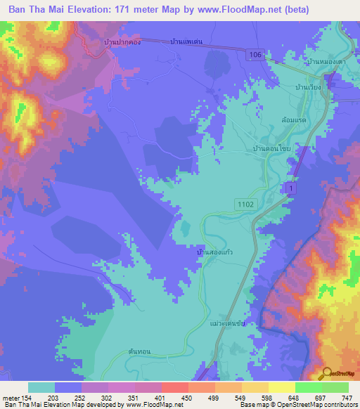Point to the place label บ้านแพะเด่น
(x=186, y=42)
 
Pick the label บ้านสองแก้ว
(x=215, y=249)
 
